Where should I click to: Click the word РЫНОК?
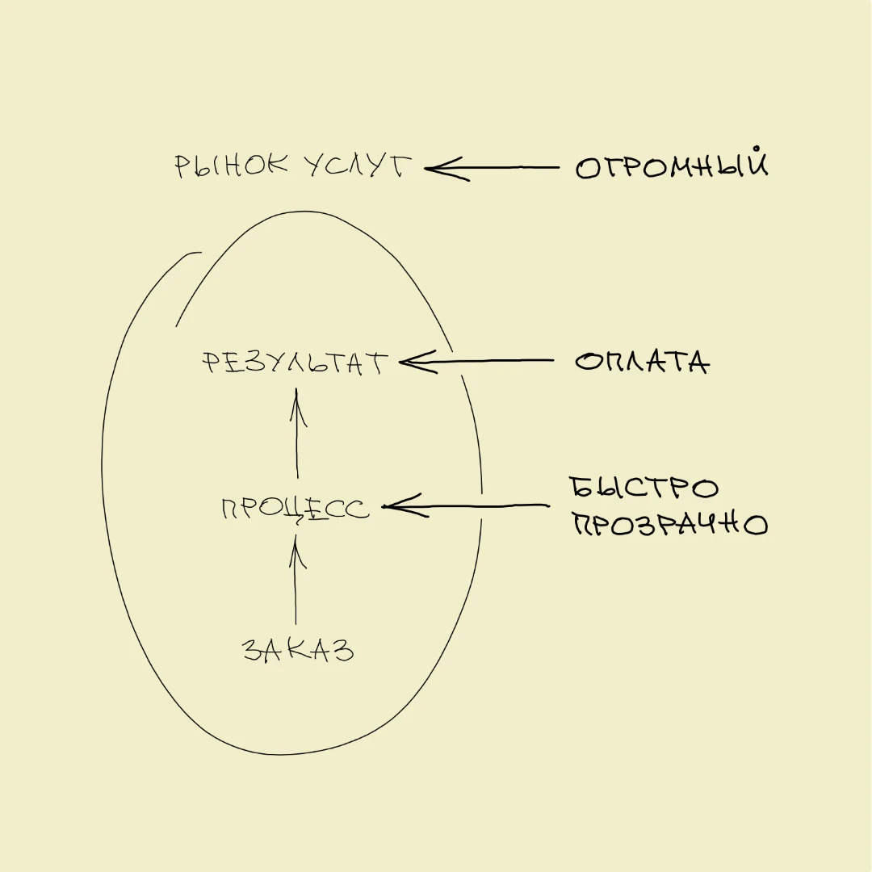coord(232,166)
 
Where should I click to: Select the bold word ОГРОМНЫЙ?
coord(672,163)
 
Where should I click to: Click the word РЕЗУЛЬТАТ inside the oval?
coord(295,362)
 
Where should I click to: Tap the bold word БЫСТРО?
coord(644,488)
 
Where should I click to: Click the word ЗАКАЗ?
coord(298,649)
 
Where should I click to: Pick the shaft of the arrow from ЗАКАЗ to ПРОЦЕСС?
coord(296,579)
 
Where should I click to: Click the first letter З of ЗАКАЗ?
coord(254,649)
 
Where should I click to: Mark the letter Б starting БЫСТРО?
coord(581,487)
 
